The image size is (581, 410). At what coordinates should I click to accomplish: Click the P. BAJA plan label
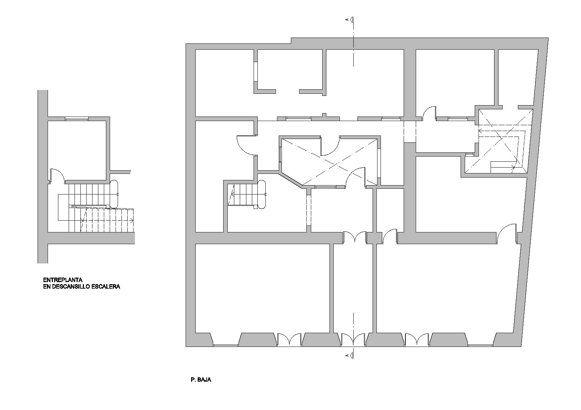click(201, 380)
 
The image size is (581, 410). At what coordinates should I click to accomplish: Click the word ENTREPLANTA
click(63, 280)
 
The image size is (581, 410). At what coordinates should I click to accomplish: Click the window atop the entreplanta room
click(77, 119)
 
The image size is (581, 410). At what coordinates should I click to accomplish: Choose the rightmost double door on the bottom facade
click(417, 340)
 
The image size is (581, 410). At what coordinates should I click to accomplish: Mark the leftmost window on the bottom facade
click(226, 345)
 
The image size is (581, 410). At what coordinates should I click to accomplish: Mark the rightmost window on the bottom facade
click(480, 345)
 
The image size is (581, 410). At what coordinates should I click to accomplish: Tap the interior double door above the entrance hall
click(355, 238)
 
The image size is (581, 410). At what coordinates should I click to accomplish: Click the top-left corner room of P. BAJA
click(224, 83)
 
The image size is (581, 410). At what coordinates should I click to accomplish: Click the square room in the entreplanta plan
click(77, 150)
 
